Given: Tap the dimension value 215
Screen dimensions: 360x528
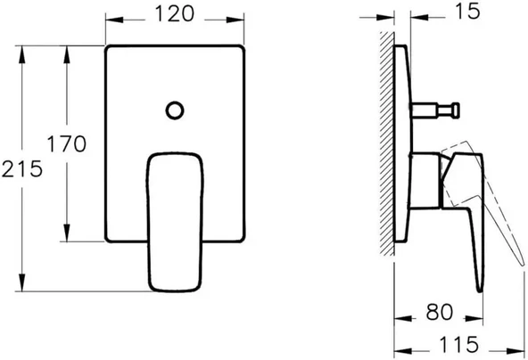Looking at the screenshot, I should pos(21,167).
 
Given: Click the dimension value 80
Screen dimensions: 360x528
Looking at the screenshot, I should pos(435,313).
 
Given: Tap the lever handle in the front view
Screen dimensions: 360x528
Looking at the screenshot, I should pos(175,218).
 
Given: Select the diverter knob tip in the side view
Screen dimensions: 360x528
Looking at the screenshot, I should pos(457,110).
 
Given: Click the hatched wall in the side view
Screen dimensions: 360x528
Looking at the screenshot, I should pos(385,143).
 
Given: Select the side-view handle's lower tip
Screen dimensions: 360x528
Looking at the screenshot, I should pos(479,287).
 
